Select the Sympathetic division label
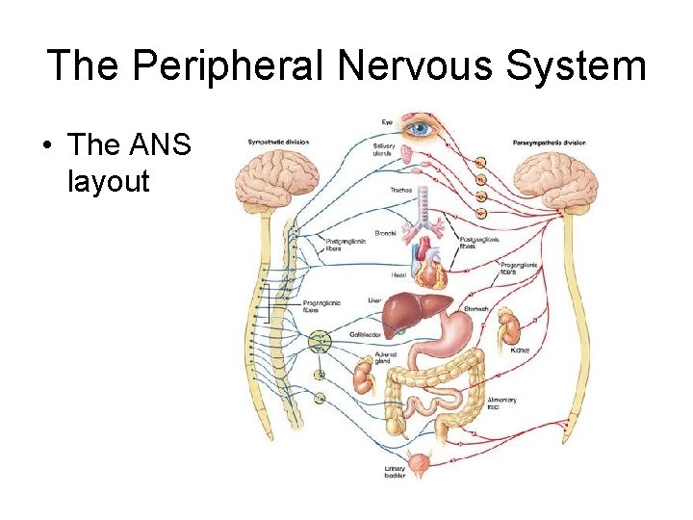point(278,142)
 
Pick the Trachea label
point(401,191)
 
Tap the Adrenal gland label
point(385,357)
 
